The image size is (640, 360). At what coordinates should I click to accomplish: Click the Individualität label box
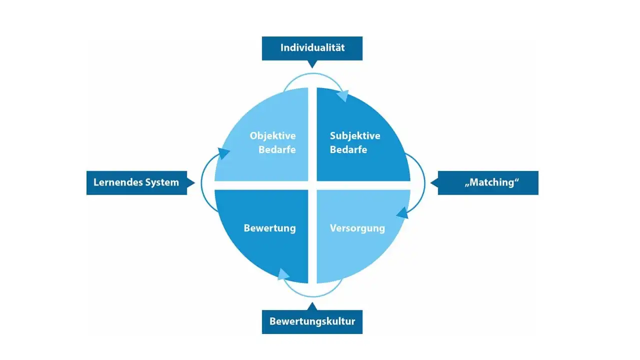tap(312, 48)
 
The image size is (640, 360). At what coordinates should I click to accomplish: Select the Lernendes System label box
tap(136, 182)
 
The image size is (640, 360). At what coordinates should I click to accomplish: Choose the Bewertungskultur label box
tap(312, 321)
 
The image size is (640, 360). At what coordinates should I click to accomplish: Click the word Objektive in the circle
tap(272, 136)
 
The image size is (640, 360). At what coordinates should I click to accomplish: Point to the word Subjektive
tap(355, 136)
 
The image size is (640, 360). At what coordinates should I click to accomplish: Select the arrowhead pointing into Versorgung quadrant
tap(401, 213)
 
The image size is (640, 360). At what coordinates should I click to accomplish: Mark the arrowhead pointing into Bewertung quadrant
tap(283, 274)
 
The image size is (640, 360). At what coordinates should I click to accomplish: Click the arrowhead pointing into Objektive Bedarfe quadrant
tap(223, 152)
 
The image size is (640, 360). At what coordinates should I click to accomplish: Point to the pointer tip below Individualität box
tap(312, 65)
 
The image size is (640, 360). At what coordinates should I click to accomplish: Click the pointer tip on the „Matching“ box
tap(433, 183)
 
